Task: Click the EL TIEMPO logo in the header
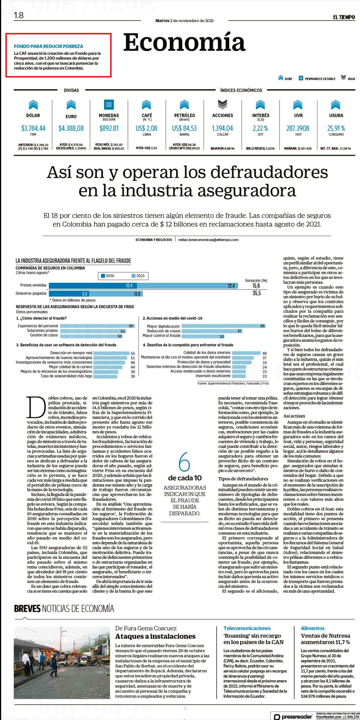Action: (344, 17)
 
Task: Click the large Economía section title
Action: (184, 42)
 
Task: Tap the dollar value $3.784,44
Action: (33, 128)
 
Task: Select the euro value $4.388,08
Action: (71, 128)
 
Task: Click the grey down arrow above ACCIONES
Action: (222, 104)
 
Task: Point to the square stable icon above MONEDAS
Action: (109, 104)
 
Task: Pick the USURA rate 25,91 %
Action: (336, 128)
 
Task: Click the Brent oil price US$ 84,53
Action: (184, 128)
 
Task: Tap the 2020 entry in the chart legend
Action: (107, 276)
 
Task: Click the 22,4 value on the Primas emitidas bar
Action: (231, 286)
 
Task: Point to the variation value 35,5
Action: (256, 293)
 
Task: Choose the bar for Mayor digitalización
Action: (224, 326)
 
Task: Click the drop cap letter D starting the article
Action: (37, 408)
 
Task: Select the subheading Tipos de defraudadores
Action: (243, 479)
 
